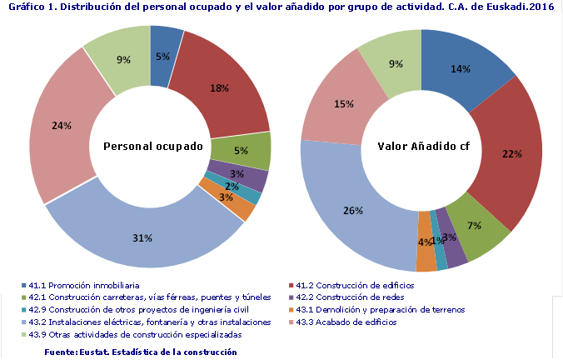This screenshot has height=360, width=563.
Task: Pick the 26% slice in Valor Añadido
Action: [353, 210]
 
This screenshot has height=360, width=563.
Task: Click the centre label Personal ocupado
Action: [153, 147]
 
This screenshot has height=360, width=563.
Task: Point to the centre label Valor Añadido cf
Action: [423, 147]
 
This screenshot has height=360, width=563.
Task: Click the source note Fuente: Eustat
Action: [141, 352]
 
